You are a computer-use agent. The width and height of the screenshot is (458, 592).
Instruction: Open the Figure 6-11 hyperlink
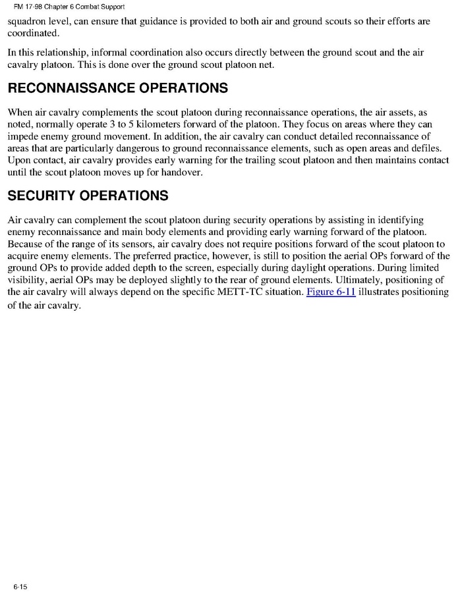tap(331, 292)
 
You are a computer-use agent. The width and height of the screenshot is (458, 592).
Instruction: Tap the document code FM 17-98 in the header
tap(28, 7)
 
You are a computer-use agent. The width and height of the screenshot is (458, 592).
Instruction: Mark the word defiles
tap(430, 148)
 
